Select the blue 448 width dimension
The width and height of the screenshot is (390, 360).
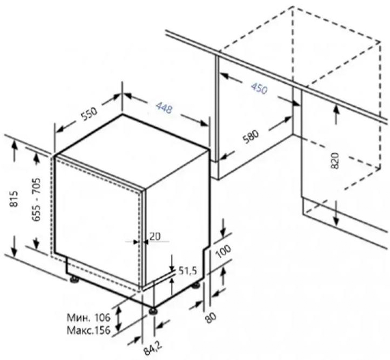pos(164,108)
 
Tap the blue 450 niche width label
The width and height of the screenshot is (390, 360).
pos(259,88)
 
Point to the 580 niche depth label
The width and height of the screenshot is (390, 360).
pos(251,136)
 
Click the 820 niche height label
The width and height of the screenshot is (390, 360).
pos(335,161)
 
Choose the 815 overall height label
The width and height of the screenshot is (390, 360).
pos(14,199)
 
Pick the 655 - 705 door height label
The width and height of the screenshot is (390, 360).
pos(36,199)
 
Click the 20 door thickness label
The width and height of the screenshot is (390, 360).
pos(155,236)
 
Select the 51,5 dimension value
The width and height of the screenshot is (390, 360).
pos(188,270)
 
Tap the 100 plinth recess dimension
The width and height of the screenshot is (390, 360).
pos(223,251)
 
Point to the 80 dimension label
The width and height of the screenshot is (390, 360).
pos(211,317)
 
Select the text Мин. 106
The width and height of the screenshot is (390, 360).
pos(89,317)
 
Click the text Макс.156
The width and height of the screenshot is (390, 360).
pos(89,330)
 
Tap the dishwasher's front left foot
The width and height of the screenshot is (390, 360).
pos(74,280)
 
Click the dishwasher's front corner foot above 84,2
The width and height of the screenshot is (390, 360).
pos(153,311)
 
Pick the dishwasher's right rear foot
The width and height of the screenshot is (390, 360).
pos(196,285)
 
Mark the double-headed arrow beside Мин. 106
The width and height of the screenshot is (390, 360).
pos(119,318)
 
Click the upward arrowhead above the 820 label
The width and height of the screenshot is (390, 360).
pos(336,110)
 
